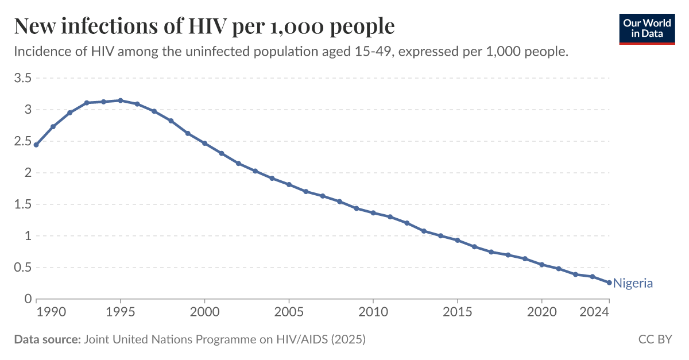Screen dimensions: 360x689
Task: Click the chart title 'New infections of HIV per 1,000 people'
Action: pos(204,27)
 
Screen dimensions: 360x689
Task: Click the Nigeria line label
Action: pos(633,283)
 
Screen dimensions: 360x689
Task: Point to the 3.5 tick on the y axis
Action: pos(22,78)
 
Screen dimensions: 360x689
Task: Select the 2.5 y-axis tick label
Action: pos(22,141)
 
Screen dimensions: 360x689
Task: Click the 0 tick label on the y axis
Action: pos(27,299)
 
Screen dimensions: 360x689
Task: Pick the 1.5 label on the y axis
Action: pos(22,204)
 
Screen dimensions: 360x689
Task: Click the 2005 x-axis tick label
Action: pos(289,312)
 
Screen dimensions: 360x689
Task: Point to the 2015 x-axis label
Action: pos(457,312)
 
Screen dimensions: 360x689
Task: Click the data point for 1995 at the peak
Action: pos(121,100)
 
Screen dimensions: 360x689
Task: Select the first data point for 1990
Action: pos(36,145)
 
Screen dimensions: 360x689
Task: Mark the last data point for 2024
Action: pos(609,282)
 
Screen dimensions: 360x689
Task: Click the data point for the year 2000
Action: pos(204,144)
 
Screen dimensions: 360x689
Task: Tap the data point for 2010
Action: pos(373,213)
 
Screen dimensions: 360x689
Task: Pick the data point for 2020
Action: pos(541,265)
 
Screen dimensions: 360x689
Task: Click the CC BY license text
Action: pos(655,339)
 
